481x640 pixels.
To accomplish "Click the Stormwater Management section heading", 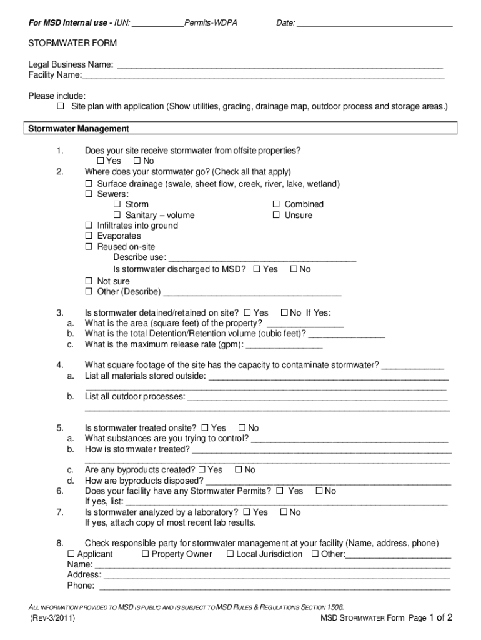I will pyautogui.click(x=78, y=129).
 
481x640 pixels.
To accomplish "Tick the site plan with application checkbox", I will pyautogui.click(x=61, y=107).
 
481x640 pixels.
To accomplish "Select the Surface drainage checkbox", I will pyautogui.click(x=89, y=184).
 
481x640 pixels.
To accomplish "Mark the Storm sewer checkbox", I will pyautogui.click(x=117, y=204).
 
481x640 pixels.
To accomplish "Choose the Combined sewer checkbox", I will pyautogui.click(x=276, y=204).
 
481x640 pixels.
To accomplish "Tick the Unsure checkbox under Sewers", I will pyautogui.click(x=276, y=215).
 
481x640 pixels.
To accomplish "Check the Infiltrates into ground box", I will pyautogui.click(x=89, y=226).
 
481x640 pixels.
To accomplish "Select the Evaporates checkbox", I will pyautogui.click(x=89, y=236).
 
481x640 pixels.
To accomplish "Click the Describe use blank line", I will pyautogui.click(x=262, y=258).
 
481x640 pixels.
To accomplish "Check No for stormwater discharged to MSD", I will pyautogui.click(x=294, y=269).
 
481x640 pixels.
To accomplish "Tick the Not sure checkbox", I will pyautogui.click(x=89, y=281).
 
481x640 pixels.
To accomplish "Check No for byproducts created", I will pyautogui.click(x=239, y=470).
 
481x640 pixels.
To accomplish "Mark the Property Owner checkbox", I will pyautogui.click(x=146, y=554).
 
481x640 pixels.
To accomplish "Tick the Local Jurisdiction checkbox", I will pyautogui.click(x=230, y=554).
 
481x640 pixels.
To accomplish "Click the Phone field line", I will pyautogui.click(x=275, y=587).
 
